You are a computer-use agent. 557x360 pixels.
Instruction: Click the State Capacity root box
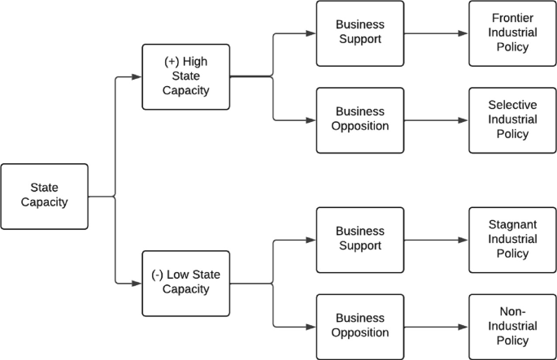click(x=44, y=196)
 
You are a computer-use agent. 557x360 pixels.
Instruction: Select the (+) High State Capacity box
click(x=185, y=76)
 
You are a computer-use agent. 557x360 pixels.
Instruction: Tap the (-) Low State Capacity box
click(x=185, y=284)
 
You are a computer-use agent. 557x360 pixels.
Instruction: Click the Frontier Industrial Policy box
click(x=512, y=33)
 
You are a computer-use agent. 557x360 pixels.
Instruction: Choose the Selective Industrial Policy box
click(x=512, y=119)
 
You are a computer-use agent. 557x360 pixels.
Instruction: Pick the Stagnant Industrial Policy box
click(x=512, y=240)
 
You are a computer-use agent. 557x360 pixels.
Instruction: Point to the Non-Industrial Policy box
click(x=512, y=326)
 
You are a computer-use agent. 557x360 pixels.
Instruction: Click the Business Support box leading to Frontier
click(x=359, y=33)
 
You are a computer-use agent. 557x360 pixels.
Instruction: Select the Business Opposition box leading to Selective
click(x=359, y=119)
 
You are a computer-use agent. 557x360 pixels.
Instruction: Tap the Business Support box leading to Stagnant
click(x=359, y=240)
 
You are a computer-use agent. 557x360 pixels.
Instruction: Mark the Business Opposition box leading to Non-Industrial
click(x=359, y=326)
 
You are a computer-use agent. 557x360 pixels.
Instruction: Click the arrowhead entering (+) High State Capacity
click(x=137, y=77)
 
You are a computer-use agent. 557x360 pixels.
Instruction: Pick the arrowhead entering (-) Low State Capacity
click(x=137, y=284)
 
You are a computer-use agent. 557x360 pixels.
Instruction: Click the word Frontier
click(x=512, y=19)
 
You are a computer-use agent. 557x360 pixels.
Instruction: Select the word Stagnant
click(x=512, y=225)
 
